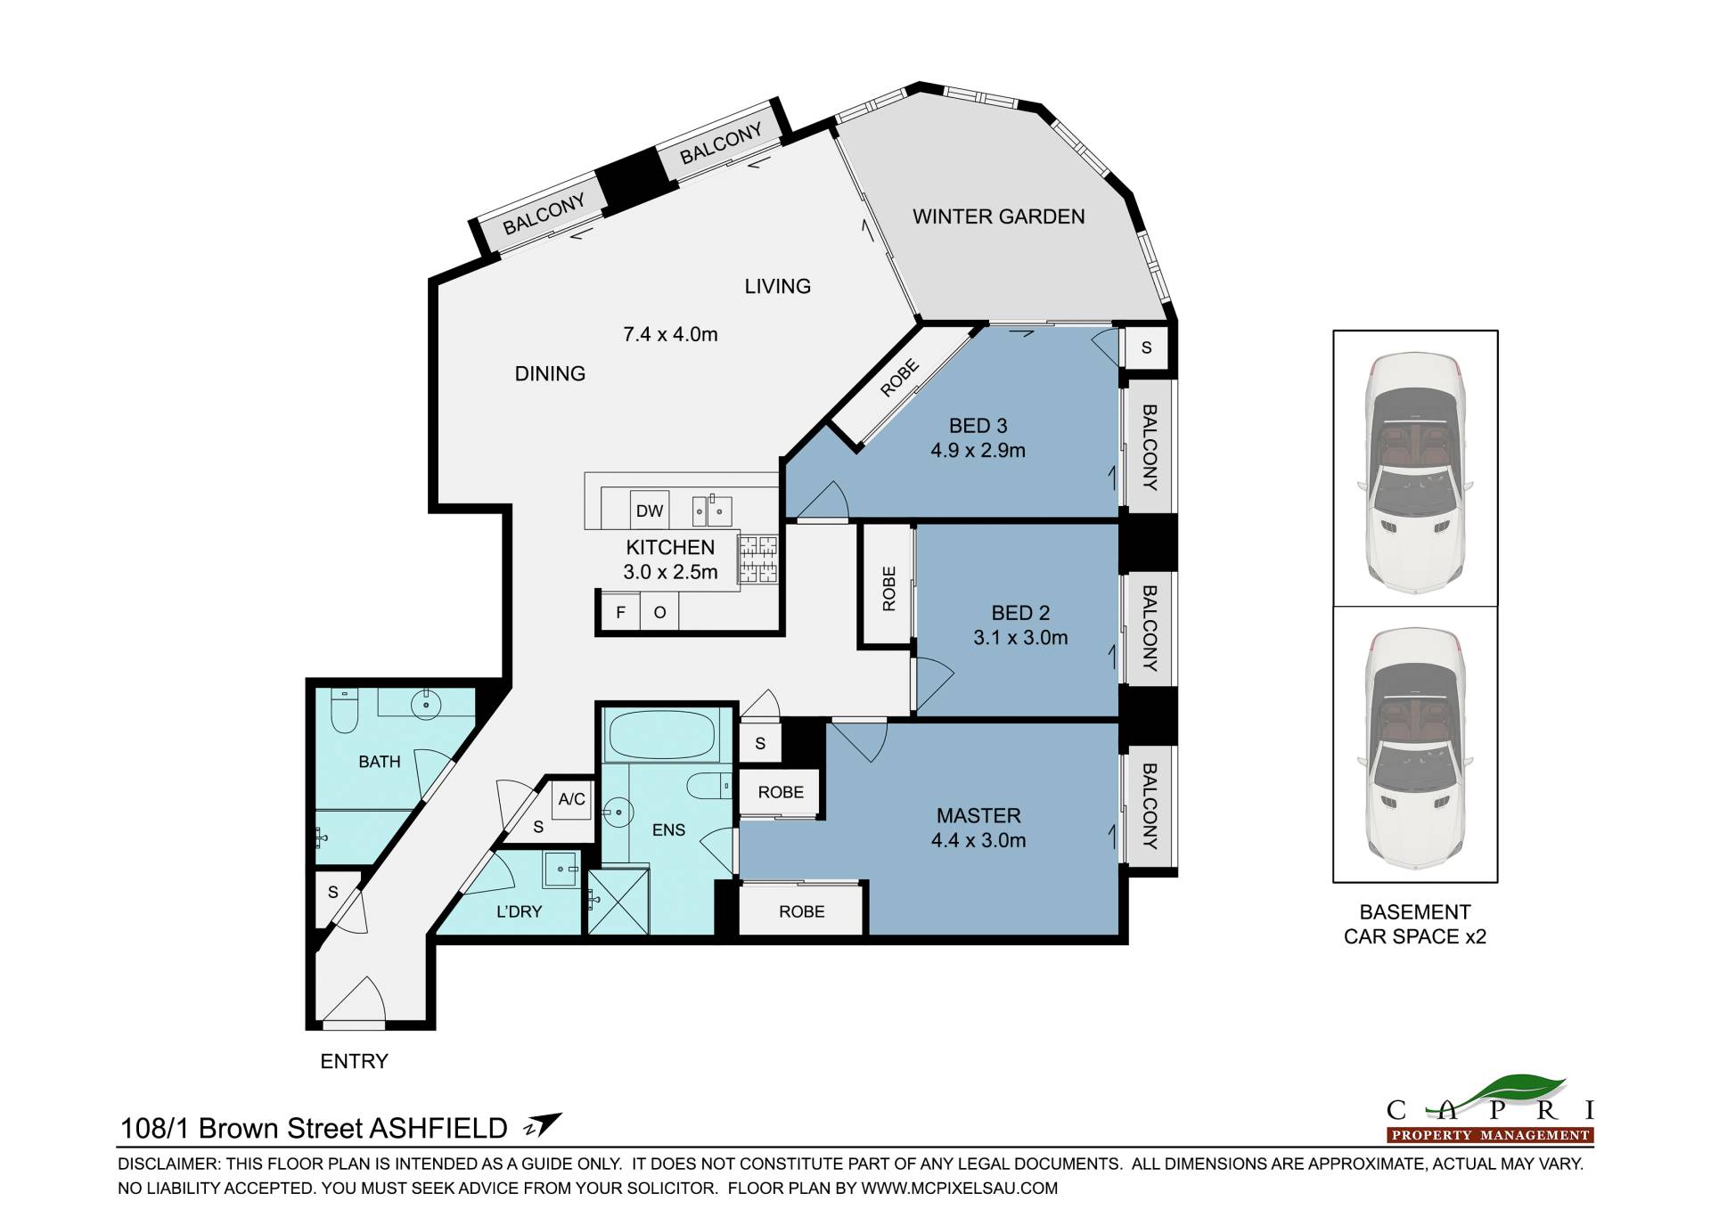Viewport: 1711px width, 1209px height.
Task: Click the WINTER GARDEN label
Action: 998,216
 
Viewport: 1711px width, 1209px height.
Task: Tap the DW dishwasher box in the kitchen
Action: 650,511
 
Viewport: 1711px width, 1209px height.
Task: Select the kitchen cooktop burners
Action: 757,560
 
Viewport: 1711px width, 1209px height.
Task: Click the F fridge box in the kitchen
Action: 621,612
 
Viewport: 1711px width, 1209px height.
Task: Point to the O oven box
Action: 660,612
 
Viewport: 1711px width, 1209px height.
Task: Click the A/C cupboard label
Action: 572,799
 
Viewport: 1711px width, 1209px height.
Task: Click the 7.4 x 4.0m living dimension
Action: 670,335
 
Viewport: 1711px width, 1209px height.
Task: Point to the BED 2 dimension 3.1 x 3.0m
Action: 1020,638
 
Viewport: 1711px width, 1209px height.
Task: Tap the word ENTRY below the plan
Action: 355,1061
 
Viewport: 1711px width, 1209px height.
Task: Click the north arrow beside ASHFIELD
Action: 543,1125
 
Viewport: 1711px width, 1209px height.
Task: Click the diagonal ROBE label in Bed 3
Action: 899,378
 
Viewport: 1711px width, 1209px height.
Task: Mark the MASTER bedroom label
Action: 978,815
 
